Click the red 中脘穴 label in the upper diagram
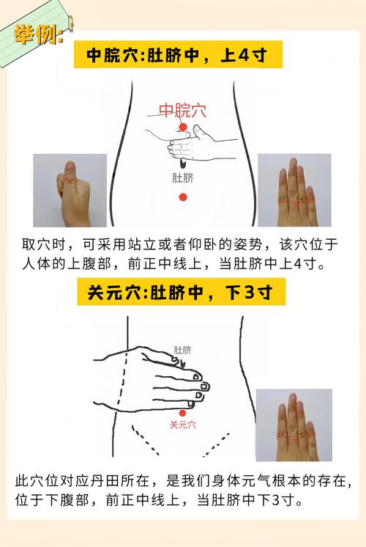182,111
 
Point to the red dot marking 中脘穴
183,129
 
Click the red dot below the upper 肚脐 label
183,197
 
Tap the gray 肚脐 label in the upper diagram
183,178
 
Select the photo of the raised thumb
70,190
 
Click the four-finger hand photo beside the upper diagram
294,190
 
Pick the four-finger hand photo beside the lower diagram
294,425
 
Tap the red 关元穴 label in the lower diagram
183,425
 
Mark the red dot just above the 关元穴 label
183,413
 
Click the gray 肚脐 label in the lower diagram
183,350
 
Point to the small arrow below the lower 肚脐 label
183,361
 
